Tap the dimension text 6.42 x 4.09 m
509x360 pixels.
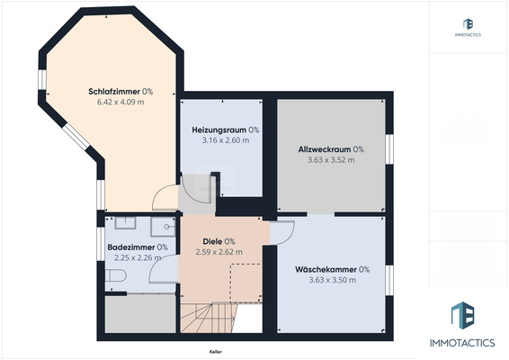click(x=120, y=102)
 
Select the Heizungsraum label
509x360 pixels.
click(x=219, y=130)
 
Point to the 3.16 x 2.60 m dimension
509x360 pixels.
click(x=225, y=140)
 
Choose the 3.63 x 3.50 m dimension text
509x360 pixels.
click(x=332, y=280)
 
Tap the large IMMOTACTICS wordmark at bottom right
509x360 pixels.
click(x=467, y=344)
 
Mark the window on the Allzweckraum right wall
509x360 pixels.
click(x=389, y=149)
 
